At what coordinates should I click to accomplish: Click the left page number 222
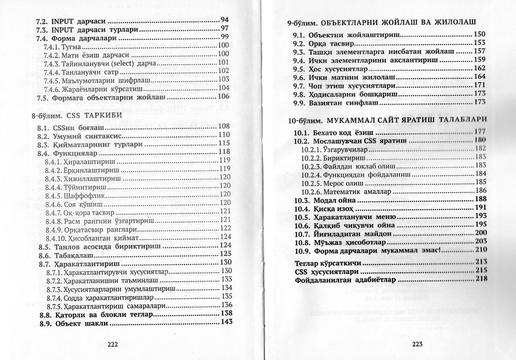pyautogui.click(x=112, y=344)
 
